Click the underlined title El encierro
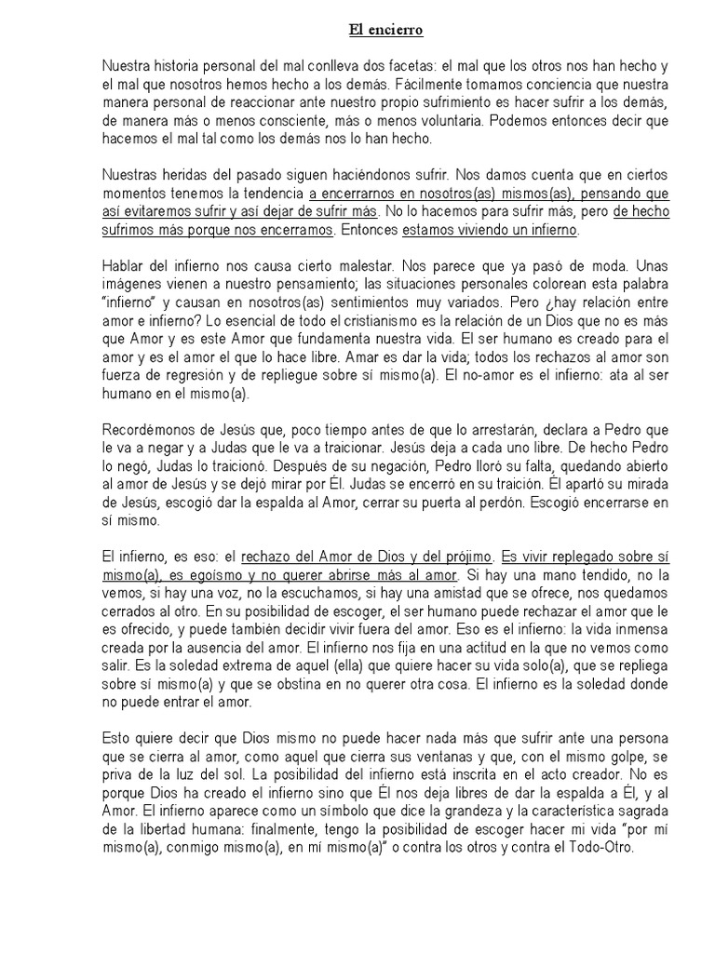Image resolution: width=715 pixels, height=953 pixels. pyautogui.click(x=385, y=31)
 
